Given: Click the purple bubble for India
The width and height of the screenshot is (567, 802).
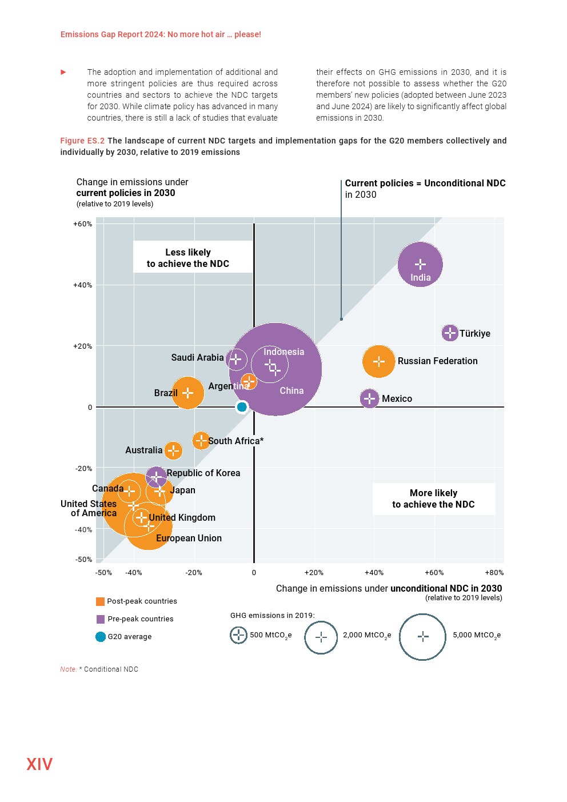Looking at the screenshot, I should click(x=420, y=264).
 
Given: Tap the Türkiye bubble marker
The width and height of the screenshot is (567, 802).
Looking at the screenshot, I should click(x=450, y=333).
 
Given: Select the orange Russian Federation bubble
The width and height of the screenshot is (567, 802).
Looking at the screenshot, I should click(x=378, y=361).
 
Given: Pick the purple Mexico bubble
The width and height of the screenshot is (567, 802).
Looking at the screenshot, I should click(x=369, y=398).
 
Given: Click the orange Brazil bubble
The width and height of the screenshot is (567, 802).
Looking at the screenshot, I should click(x=187, y=393).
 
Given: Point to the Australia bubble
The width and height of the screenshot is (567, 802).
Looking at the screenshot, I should click(x=173, y=450).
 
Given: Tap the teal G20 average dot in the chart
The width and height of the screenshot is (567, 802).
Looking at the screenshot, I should click(x=242, y=407).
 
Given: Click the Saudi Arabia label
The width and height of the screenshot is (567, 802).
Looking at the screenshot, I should click(x=197, y=358).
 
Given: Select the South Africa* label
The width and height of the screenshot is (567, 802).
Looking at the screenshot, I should click(x=236, y=441).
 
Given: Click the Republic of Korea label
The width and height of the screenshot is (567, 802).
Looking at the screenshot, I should click(x=203, y=473).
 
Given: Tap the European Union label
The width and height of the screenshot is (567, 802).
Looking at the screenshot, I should click(x=189, y=538).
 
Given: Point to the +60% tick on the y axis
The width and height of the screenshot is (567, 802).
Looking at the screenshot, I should click(x=82, y=224).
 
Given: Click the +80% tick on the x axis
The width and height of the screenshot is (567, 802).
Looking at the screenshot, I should click(x=494, y=573).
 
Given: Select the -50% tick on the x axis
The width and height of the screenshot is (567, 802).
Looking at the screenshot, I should click(x=103, y=573).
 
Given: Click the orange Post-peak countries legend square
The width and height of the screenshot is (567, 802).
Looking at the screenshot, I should click(x=101, y=601).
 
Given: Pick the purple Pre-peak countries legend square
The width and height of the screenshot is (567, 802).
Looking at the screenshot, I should click(x=101, y=619).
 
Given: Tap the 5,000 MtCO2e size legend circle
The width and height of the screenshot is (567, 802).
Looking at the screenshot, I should click(x=422, y=637).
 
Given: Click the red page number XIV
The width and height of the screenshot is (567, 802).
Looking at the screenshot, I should click(x=39, y=764).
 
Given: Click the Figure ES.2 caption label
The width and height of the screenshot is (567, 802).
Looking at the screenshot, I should click(x=82, y=141).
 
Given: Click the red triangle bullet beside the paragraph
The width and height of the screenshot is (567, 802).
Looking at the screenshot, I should click(x=63, y=72).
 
